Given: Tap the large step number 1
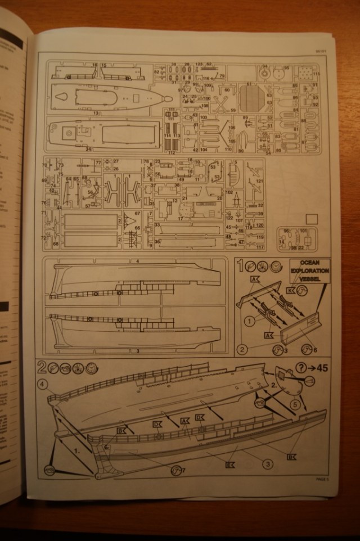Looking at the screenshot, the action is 240,266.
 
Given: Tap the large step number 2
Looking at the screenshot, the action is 42,367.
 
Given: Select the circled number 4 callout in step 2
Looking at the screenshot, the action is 43,385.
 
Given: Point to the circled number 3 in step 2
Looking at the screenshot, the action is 267,464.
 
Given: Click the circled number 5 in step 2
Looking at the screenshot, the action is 295,403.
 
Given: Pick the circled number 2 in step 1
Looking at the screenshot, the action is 242,349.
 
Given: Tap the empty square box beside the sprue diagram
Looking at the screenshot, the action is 311,219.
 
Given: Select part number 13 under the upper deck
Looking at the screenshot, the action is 96,114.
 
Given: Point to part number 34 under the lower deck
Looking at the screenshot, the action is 88,149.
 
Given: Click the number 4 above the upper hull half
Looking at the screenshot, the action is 137,262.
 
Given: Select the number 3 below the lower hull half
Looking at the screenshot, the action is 137,351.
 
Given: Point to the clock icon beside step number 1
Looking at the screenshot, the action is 275,267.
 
